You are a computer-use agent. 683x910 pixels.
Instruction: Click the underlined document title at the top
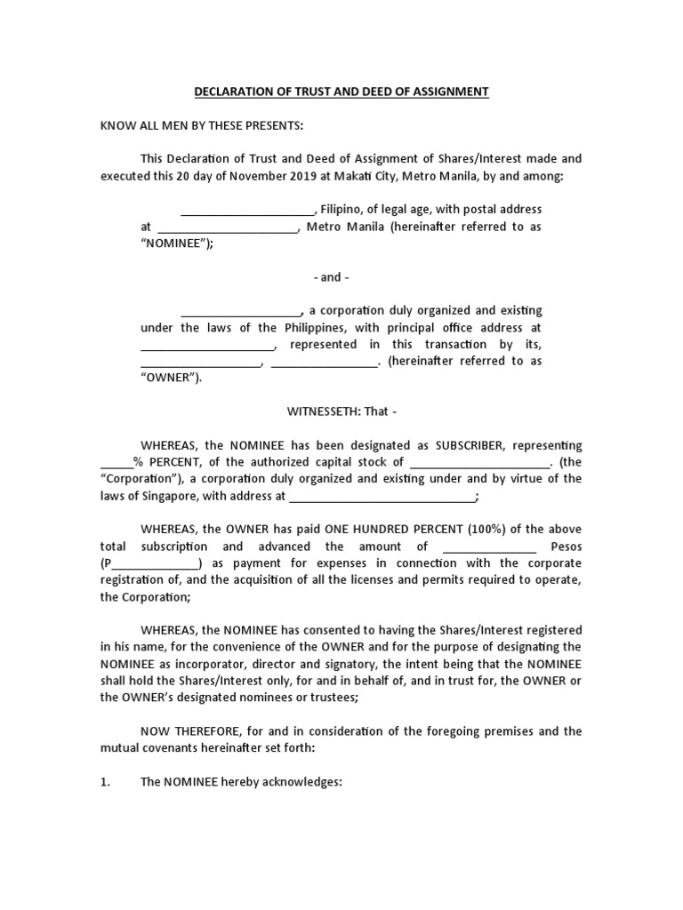[341, 92]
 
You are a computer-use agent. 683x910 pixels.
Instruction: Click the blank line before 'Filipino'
[247, 210]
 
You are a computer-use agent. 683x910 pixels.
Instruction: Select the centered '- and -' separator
[331, 277]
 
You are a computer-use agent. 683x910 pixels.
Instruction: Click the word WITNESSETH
[324, 411]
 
